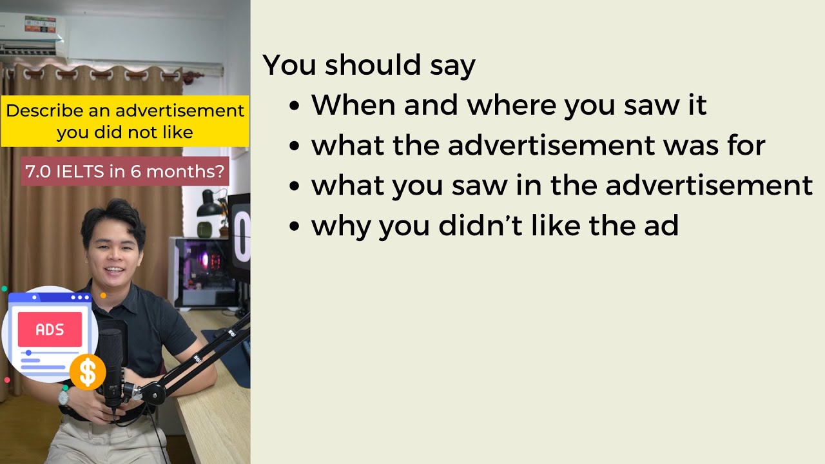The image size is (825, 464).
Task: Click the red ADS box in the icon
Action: pos(50,329)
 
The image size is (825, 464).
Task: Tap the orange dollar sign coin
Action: pos(88,372)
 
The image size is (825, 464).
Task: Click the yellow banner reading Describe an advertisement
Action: pos(125,121)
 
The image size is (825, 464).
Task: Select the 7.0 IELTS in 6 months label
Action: pos(125,171)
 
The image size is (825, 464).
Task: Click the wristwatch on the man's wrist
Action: pos(64,396)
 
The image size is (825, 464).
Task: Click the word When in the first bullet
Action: pos(353,105)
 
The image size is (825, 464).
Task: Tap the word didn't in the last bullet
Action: pos(483,226)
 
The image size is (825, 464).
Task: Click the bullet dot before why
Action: pos(295,227)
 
